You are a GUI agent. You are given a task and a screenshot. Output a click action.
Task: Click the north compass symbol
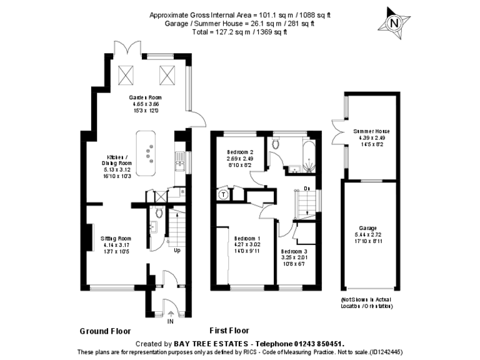click(393, 23)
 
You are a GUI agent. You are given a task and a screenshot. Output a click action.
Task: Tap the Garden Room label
click(145, 98)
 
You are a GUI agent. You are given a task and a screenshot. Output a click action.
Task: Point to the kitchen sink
click(179, 161)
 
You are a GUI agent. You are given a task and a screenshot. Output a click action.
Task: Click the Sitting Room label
click(116, 239)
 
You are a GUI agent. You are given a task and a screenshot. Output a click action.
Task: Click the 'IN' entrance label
click(170, 321)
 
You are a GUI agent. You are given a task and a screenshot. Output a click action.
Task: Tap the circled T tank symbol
click(222, 194)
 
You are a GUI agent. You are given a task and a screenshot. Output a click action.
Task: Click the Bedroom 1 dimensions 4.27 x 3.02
click(247, 244)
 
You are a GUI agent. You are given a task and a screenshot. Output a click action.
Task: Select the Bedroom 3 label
click(293, 251)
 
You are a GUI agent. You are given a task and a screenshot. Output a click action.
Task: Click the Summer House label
click(371, 131)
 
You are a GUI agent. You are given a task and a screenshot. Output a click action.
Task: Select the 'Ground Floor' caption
click(105, 331)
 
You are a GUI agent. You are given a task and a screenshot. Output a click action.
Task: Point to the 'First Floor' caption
click(229, 331)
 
